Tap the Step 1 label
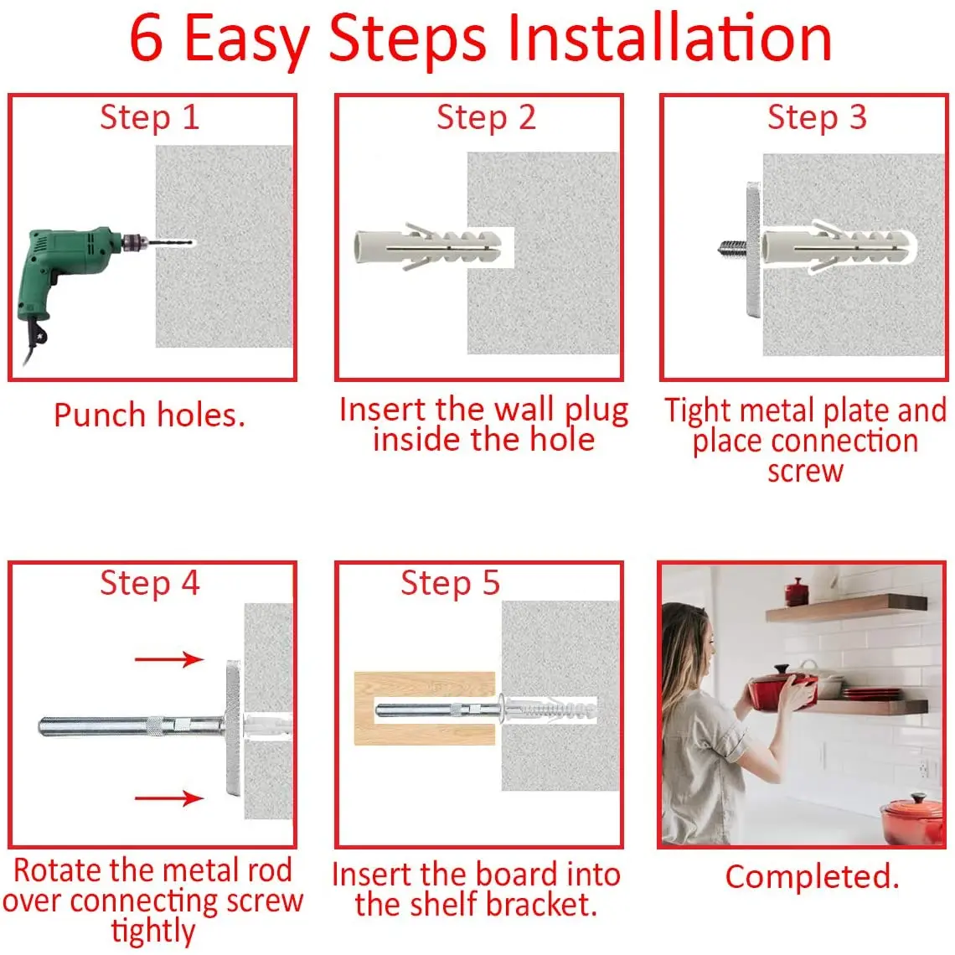[150, 117]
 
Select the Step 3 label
[817, 117]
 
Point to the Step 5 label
[450, 584]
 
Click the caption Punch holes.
[149, 416]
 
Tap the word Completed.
[812, 877]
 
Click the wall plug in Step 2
[427, 247]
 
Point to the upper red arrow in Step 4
[169, 659]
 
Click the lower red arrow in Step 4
[169, 798]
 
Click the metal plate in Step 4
[233, 728]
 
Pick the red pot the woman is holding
[782, 689]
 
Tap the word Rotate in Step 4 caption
[57, 870]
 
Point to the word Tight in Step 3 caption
[697, 411]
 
